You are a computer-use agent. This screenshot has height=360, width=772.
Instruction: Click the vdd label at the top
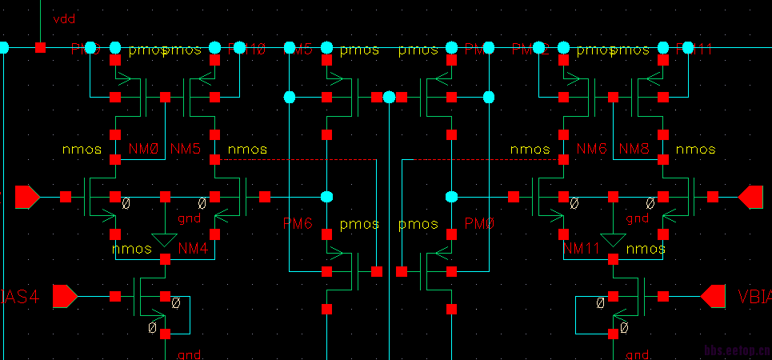pyautogui.click(x=64, y=18)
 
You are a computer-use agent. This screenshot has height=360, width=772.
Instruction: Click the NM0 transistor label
pyautogui.click(x=143, y=150)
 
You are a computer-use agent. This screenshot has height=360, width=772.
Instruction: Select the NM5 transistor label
pyautogui.click(x=186, y=150)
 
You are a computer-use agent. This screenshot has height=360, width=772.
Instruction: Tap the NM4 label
pyautogui.click(x=193, y=249)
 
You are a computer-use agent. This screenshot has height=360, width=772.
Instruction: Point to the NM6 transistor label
pyautogui.click(x=591, y=150)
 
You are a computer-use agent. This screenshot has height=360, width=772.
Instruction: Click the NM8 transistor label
pyautogui.click(x=634, y=150)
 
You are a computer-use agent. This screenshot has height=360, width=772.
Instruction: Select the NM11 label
pyautogui.click(x=582, y=249)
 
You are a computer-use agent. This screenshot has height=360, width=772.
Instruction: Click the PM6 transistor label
pyautogui.click(x=298, y=224)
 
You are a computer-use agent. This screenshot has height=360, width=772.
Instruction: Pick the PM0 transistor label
pyautogui.click(x=480, y=224)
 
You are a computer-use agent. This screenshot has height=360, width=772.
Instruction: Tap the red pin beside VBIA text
pyautogui.click(x=713, y=297)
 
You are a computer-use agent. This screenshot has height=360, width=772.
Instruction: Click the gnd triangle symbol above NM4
pyautogui.click(x=165, y=239)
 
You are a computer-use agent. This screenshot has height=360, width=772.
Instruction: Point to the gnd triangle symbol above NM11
pyautogui.click(x=614, y=239)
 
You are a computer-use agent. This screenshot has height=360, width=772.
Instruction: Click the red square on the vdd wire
pyautogui.click(x=40, y=48)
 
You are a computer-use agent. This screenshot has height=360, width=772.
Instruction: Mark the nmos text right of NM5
pyautogui.click(x=247, y=150)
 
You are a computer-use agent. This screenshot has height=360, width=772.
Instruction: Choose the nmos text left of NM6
pyautogui.click(x=530, y=150)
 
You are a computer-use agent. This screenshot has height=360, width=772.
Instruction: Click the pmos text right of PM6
pyautogui.click(x=359, y=224)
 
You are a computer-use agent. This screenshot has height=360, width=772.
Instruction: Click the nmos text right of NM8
pyautogui.click(x=695, y=150)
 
